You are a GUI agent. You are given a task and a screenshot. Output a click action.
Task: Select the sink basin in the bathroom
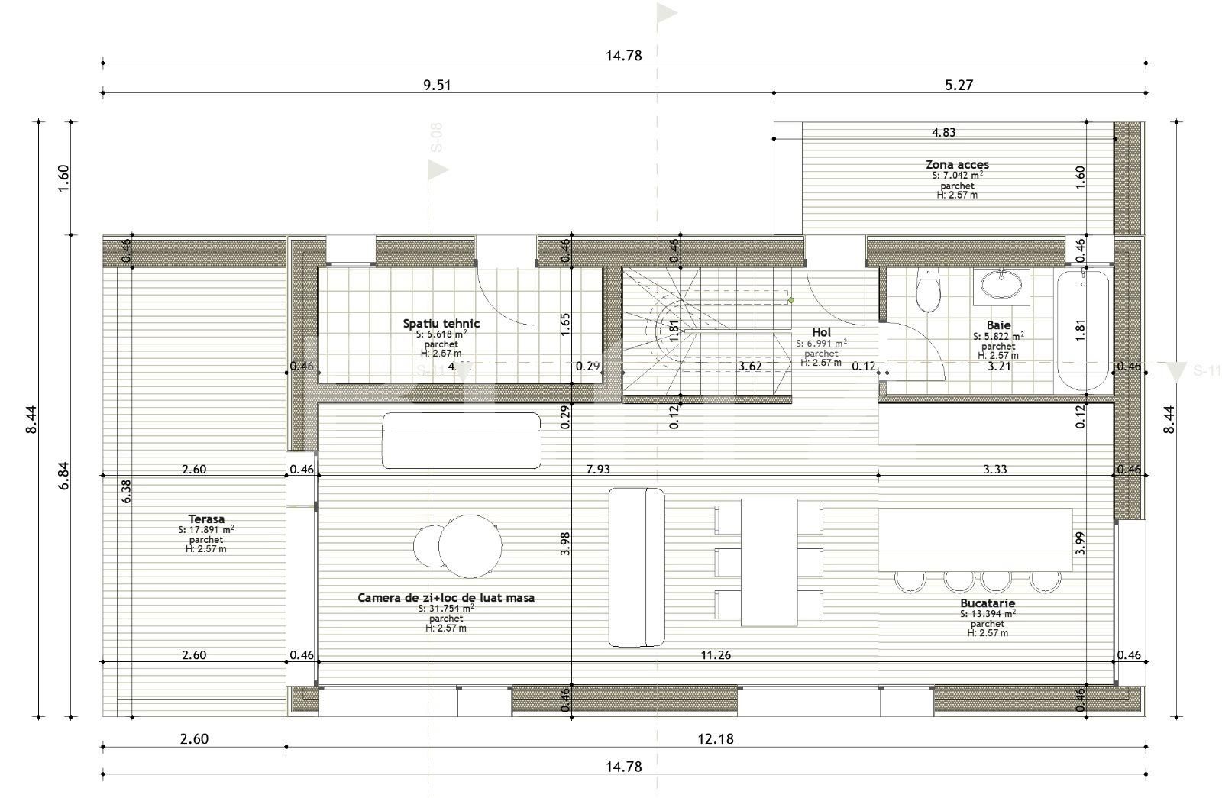1001,286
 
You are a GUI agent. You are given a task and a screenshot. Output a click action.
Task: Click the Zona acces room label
957,164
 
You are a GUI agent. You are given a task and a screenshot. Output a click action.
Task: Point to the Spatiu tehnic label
441,323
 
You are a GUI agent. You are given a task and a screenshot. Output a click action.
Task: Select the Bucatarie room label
988,603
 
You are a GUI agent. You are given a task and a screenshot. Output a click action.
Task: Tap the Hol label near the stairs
821,332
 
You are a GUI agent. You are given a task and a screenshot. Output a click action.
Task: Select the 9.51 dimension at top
438,85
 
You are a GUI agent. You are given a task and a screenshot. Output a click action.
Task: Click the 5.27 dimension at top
959,85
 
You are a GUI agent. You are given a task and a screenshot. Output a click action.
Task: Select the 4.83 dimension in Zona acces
943,132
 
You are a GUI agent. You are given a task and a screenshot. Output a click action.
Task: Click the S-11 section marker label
1207,372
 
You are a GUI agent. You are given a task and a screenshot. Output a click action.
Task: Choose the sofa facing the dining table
636,567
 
